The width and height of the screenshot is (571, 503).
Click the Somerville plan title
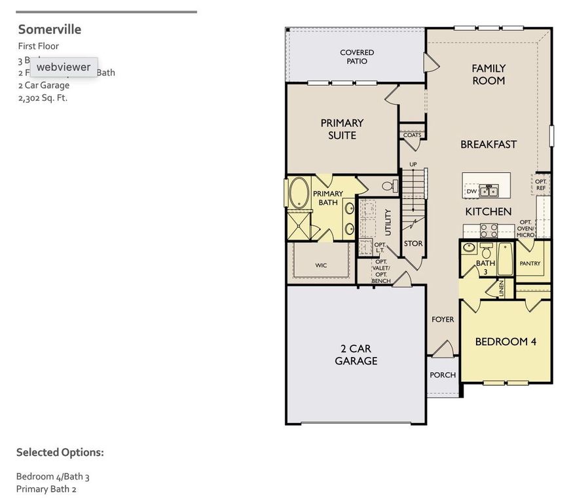click(50, 29)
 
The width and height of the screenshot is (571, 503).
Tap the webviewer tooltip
click(64, 67)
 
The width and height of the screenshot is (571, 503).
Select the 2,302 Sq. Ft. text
click(43, 98)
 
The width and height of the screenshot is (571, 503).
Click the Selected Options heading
click(60, 452)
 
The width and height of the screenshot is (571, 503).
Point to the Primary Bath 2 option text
click(46, 489)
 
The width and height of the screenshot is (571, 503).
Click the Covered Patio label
click(357, 56)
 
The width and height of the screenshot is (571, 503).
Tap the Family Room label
click(488, 74)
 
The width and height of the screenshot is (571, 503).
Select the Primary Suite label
click(342, 128)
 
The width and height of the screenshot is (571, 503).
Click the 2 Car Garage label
click(356, 354)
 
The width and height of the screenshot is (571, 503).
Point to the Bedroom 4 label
click(506, 341)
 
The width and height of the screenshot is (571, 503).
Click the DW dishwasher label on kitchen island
click(471, 191)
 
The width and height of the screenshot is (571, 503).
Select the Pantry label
click(530, 263)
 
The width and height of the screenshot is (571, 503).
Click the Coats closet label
click(413, 135)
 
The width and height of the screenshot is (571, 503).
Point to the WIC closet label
click(321, 265)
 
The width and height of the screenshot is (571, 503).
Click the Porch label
click(443, 375)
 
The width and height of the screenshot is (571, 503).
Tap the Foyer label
click(443, 320)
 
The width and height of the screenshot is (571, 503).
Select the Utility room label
click(388, 222)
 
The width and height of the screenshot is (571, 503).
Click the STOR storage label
click(413, 244)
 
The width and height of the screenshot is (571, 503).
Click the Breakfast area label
click(488, 144)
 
